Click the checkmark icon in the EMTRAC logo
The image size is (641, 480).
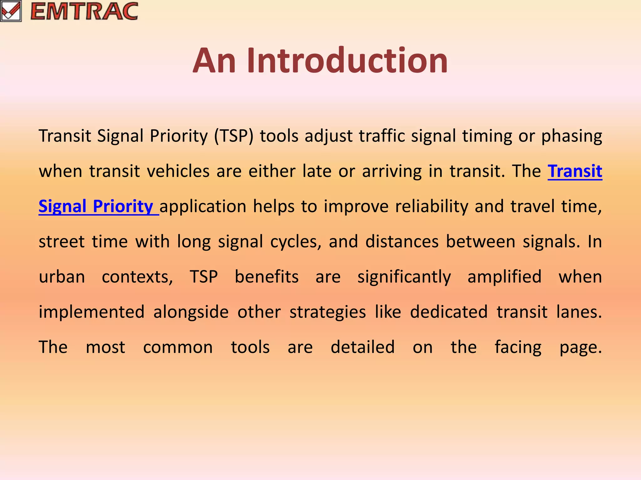pos(11,11)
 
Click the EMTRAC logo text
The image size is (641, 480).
pos(84,11)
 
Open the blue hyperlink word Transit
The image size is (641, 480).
pos(575,171)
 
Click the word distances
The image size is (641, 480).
pos(402,242)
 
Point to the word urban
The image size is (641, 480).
pos(62,277)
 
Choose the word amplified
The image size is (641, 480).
pos(504,277)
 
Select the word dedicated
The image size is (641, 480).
pos(449,312)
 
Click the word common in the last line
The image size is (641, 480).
pos(178,347)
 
